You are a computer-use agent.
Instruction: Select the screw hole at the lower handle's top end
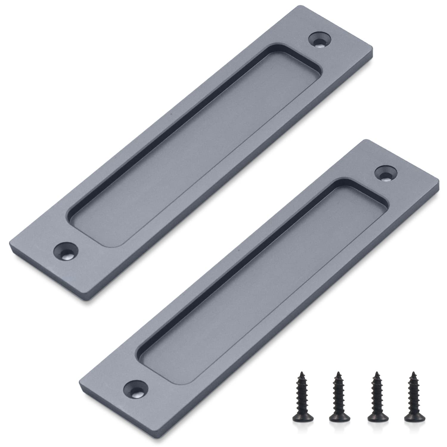click(386, 174)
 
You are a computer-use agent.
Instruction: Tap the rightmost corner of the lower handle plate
click(439, 180)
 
